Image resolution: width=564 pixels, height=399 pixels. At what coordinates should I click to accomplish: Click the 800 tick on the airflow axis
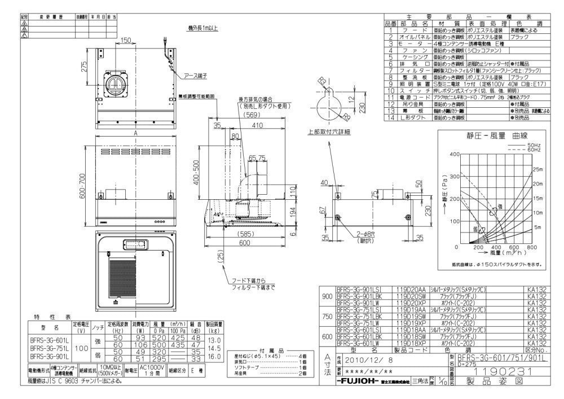531,248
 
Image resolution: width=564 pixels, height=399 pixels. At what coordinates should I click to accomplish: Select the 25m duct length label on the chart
538,169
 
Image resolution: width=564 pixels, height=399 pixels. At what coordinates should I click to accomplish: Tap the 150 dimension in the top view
125,40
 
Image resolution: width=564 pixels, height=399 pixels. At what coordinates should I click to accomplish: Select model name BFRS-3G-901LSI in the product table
360,288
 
